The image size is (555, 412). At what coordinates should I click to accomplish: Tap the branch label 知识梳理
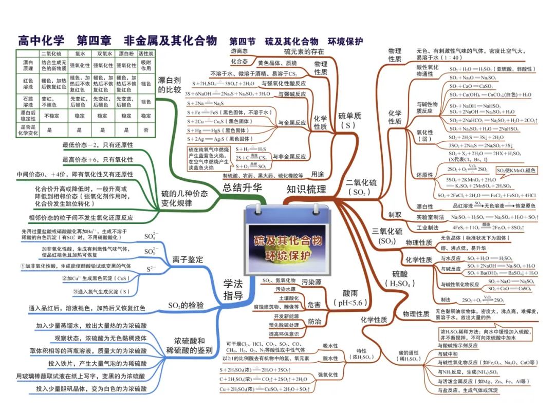coord(306,189)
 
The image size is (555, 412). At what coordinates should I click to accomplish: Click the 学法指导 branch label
coord(233,289)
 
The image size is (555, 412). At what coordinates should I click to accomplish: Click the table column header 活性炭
coord(146,53)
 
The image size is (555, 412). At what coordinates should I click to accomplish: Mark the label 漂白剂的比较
coord(170,85)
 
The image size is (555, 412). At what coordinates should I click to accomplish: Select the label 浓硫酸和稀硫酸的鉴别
coord(190,345)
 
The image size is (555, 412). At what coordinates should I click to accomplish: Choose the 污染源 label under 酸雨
coord(311,282)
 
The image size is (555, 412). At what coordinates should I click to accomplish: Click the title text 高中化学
coord(41,41)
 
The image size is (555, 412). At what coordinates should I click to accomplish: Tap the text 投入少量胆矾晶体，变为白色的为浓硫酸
coord(91,389)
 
